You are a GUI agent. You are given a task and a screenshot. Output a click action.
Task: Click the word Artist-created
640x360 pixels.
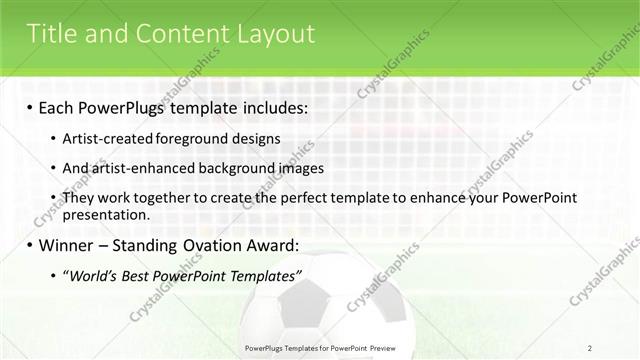coord(105,138)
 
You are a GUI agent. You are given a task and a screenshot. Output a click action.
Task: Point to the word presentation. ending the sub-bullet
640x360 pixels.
coord(106,214)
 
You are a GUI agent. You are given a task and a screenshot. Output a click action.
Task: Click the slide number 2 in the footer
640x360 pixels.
coord(590,347)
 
